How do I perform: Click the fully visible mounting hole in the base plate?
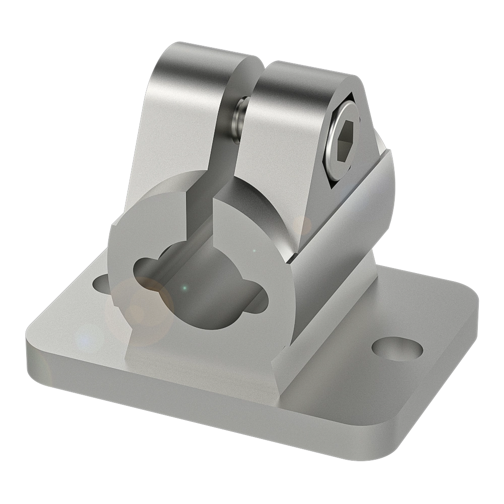[397, 347]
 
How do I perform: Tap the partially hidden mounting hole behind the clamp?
[101, 283]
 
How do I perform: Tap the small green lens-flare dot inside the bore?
[185, 288]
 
